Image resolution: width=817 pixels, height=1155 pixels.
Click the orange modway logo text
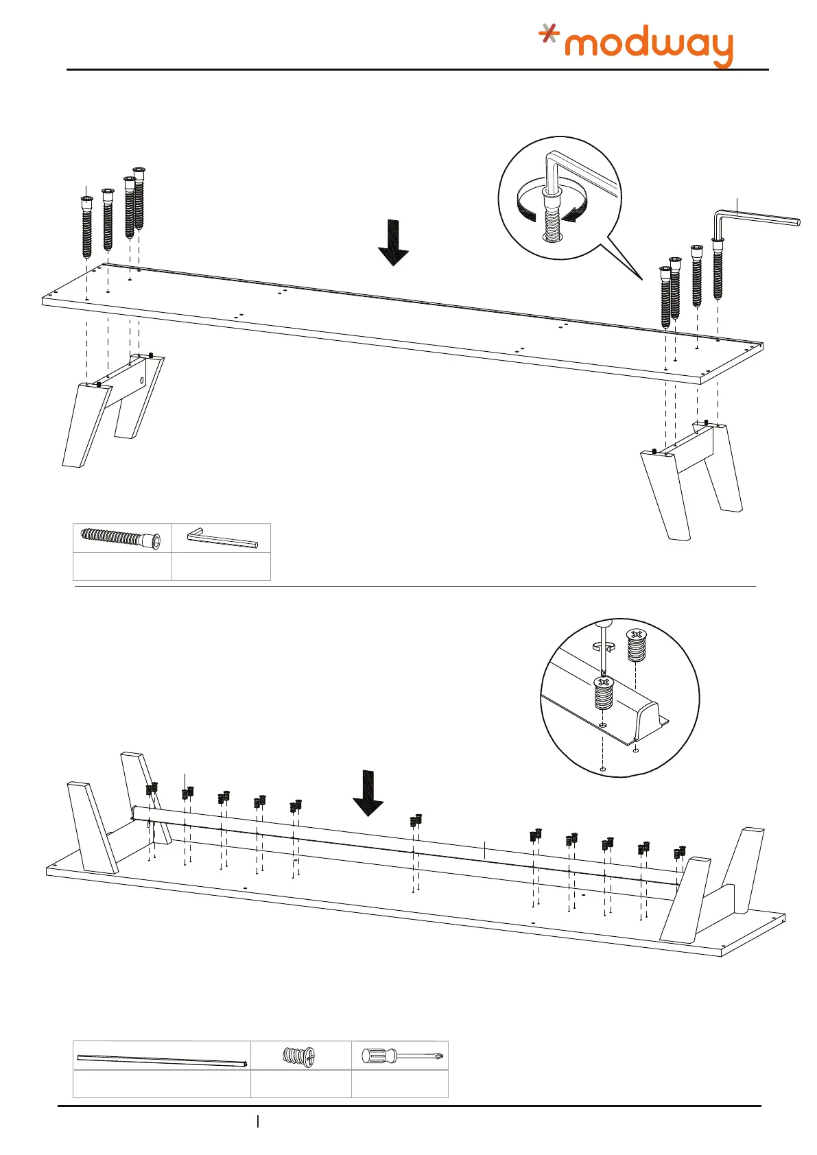tap(648, 47)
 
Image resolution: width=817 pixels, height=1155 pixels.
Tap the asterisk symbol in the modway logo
tap(548, 33)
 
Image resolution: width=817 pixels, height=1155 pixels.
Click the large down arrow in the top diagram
tap(393, 242)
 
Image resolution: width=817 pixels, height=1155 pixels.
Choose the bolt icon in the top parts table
tap(121, 538)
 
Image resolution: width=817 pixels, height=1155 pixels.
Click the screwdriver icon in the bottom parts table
tap(399, 1055)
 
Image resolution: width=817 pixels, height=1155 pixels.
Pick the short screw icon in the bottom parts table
tap(299, 1056)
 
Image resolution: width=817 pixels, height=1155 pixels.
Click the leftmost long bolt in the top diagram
tap(86, 226)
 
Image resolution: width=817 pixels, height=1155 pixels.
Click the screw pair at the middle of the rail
tap(416, 820)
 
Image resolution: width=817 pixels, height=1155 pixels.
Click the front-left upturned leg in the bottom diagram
tap(93, 826)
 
